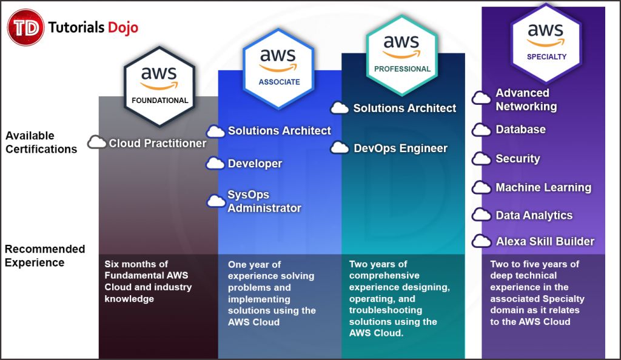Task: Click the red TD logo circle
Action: [x=25, y=27]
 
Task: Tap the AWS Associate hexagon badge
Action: [x=279, y=67]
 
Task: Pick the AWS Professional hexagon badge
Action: [x=401, y=54]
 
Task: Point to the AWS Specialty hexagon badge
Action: [x=546, y=42]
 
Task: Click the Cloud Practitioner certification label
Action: [x=157, y=144]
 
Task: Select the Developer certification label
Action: [x=255, y=164]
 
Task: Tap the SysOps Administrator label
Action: [x=264, y=201]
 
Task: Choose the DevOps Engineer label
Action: [x=400, y=148]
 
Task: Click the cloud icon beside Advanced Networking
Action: [x=482, y=98]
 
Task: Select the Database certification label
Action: [x=520, y=130]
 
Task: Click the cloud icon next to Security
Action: [x=482, y=159]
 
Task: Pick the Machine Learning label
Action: [x=543, y=188]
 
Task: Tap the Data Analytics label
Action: [x=534, y=215]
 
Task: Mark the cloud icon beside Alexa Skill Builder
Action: [x=482, y=241]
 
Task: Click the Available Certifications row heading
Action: [x=41, y=142]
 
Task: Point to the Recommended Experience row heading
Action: [x=44, y=256]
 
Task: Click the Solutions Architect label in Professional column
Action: [x=404, y=108]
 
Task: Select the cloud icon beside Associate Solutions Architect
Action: [x=215, y=132]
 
